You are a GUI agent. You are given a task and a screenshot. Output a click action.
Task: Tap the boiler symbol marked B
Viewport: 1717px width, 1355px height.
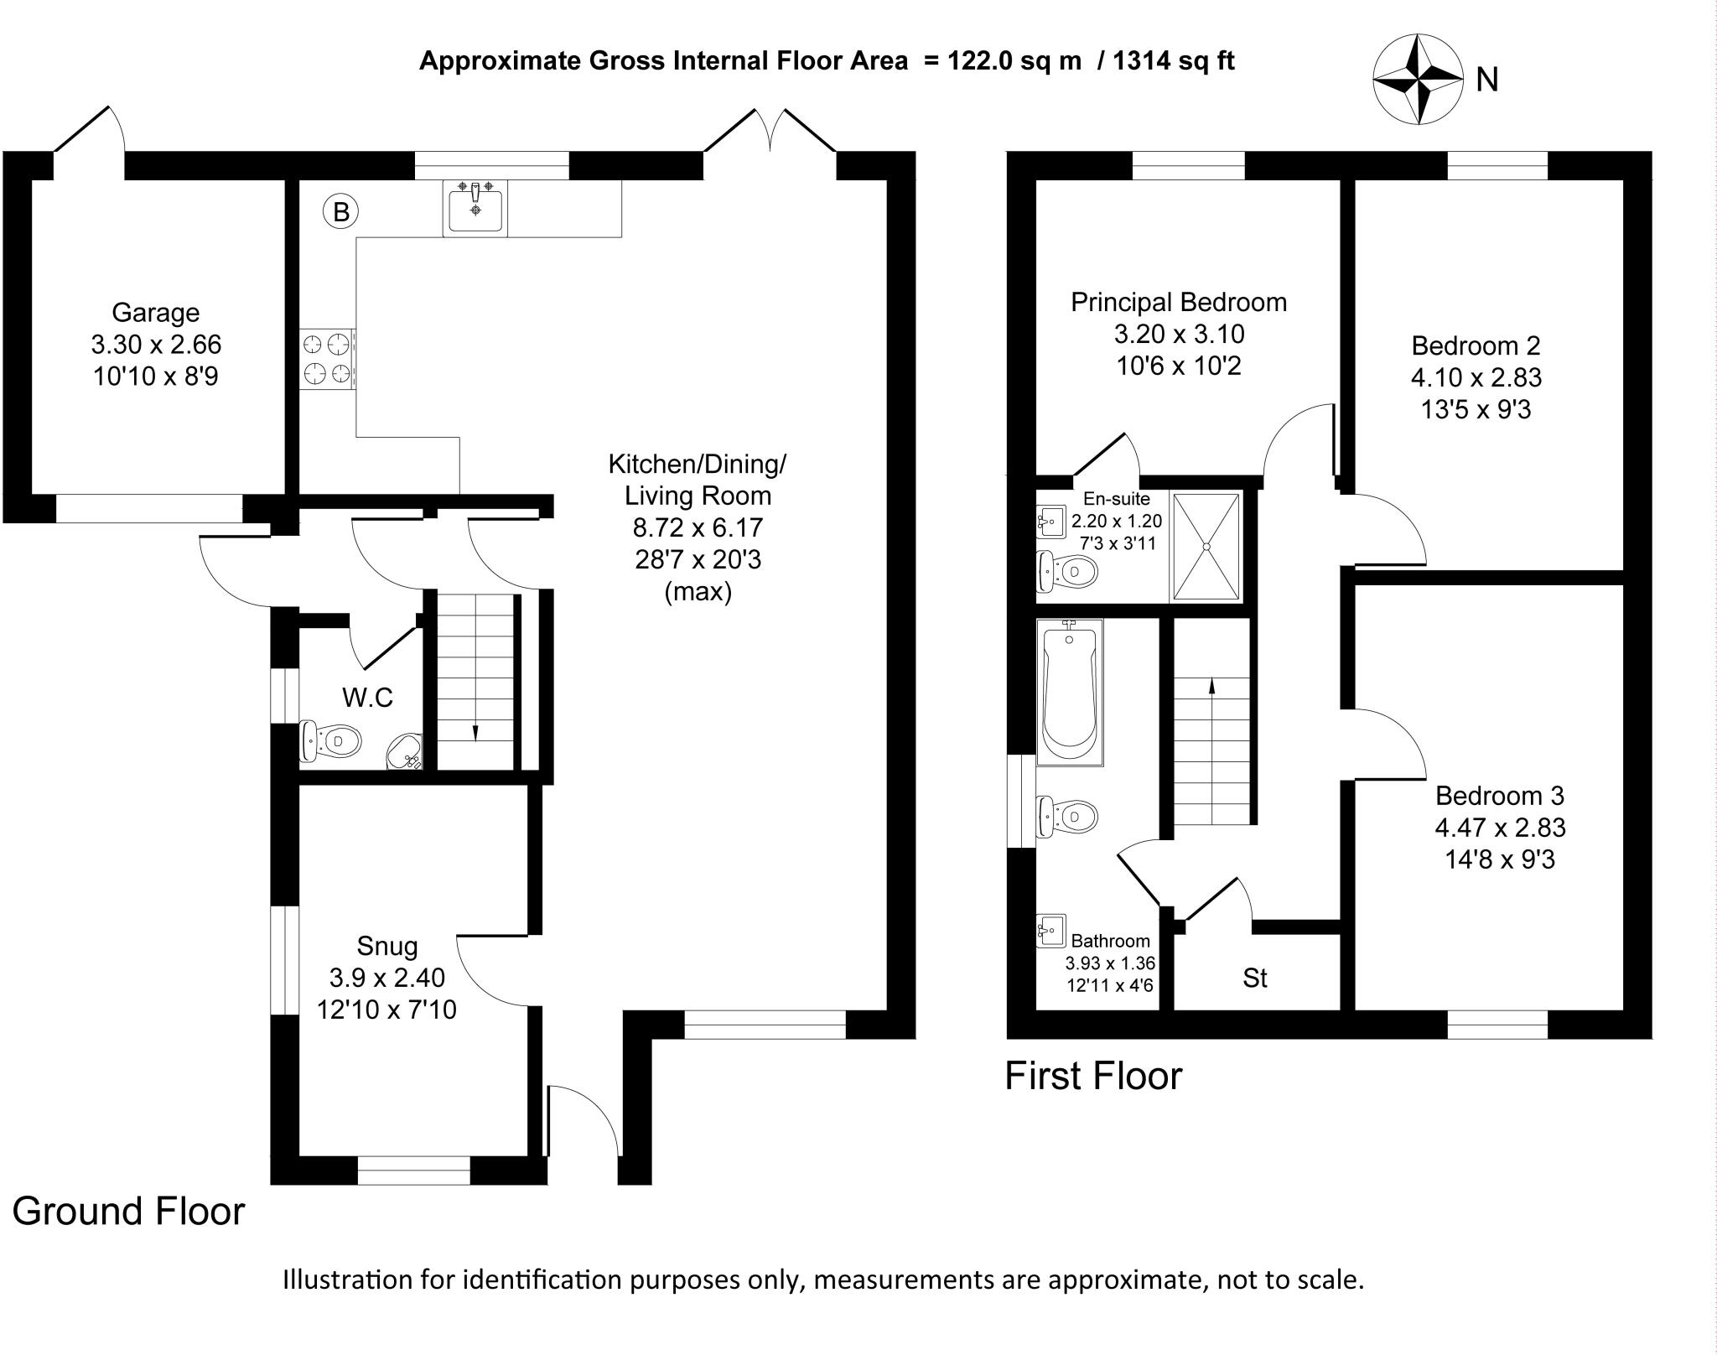click(340, 212)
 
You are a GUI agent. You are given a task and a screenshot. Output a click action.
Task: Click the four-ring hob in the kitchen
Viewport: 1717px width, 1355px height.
click(327, 359)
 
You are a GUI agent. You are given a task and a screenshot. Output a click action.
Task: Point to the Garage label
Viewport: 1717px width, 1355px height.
click(156, 313)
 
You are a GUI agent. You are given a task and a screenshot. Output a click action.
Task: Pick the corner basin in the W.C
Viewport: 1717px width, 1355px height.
click(405, 751)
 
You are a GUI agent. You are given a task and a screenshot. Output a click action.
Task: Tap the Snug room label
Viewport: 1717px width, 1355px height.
click(386, 946)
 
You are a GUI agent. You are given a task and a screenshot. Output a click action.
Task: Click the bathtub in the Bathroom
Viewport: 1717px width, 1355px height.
click(1069, 692)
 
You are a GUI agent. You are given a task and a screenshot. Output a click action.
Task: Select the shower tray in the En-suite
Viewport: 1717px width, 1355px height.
click(1206, 547)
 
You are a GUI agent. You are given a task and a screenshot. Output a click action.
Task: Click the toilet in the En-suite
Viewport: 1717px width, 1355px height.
click(1067, 573)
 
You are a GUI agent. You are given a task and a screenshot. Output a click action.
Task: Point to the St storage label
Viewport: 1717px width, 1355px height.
click(1254, 979)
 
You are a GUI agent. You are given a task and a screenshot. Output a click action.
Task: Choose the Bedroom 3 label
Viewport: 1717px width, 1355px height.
click(1499, 795)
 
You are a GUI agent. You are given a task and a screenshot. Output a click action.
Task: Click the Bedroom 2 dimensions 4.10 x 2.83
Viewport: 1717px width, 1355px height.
click(1476, 377)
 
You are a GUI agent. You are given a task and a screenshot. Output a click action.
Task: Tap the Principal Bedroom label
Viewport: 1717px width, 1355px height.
click(1178, 302)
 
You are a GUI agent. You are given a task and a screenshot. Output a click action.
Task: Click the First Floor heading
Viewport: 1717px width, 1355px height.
click(1093, 1077)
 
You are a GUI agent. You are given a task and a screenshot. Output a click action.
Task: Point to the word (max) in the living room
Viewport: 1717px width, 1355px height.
click(698, 592)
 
